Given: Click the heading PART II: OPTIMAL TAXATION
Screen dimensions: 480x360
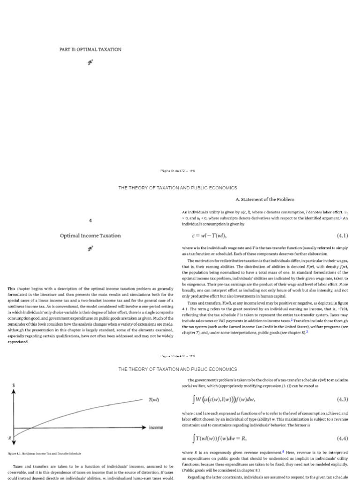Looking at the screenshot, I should pos(90,49).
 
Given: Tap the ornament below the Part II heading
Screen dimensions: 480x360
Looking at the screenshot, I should pos(90,61).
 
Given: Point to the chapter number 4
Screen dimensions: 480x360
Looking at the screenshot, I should pos(90,219).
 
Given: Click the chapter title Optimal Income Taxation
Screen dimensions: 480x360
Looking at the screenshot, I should pos(90,235).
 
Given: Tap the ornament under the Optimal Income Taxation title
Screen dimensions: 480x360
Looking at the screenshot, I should pos(90,248).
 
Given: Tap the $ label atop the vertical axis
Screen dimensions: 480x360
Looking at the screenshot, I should pos(13,385).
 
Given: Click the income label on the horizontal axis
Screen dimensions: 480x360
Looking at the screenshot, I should pos(156,428).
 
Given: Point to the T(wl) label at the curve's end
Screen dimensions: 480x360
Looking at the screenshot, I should pos(154,400).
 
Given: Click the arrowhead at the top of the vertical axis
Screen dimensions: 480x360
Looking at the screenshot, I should pos(13,393).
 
